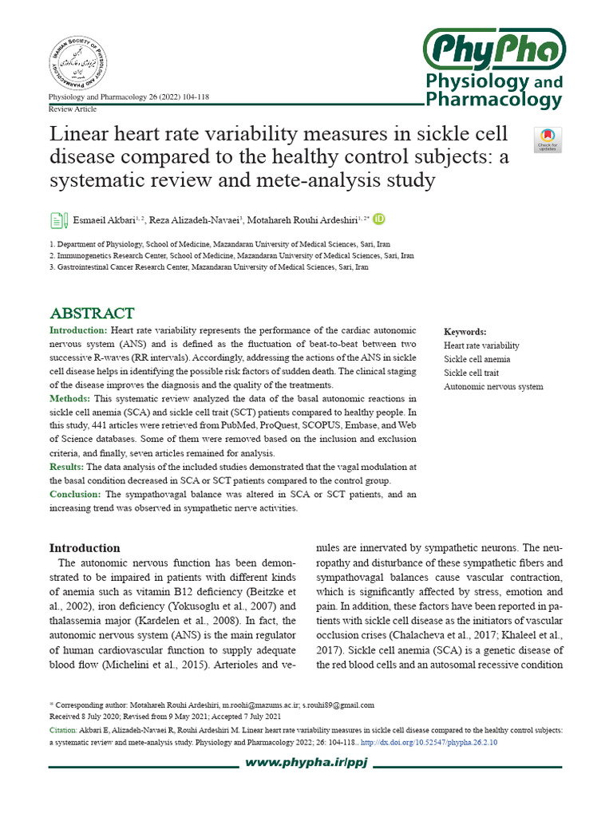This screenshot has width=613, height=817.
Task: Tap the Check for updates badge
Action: coord(548,140)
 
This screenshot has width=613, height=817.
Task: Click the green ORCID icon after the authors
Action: coord(379,219)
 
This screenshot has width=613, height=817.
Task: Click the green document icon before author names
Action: coord(58,220)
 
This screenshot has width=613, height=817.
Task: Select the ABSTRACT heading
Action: coord(92,313)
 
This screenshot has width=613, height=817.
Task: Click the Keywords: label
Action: coord(465,332)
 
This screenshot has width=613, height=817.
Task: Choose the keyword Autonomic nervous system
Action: coord(493,386)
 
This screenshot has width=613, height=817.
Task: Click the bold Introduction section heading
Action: coord(85,548)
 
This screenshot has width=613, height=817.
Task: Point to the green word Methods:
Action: coord(70,398)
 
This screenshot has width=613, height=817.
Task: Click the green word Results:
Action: coord(67,467)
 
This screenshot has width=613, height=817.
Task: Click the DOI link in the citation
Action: coord(429,742)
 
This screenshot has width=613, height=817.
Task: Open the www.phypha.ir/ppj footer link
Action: coord(306,764)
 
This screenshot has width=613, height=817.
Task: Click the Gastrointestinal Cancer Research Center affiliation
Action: coord(208,268)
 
